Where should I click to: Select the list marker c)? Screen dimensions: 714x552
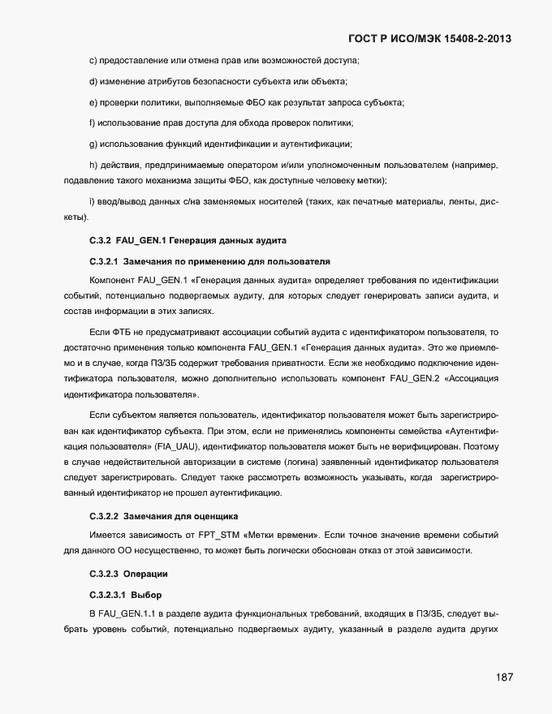pos(93,62)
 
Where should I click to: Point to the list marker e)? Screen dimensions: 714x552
pos(93,102)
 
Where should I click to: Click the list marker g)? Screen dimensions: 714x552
pos(93,144)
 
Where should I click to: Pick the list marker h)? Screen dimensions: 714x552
pos(93,166)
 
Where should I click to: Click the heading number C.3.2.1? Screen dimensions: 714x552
pos(103,261)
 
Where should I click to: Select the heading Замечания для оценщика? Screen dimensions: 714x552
pos(180,516)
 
